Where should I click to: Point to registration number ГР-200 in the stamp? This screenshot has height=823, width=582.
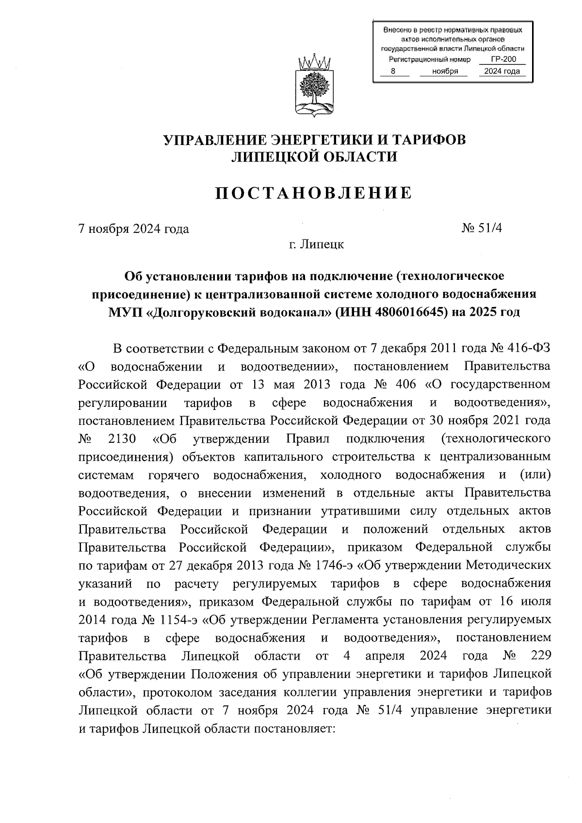click(504, 60)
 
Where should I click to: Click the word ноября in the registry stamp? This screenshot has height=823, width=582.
click(445, 71)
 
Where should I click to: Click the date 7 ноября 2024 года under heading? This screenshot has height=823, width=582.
click(134, 228)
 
